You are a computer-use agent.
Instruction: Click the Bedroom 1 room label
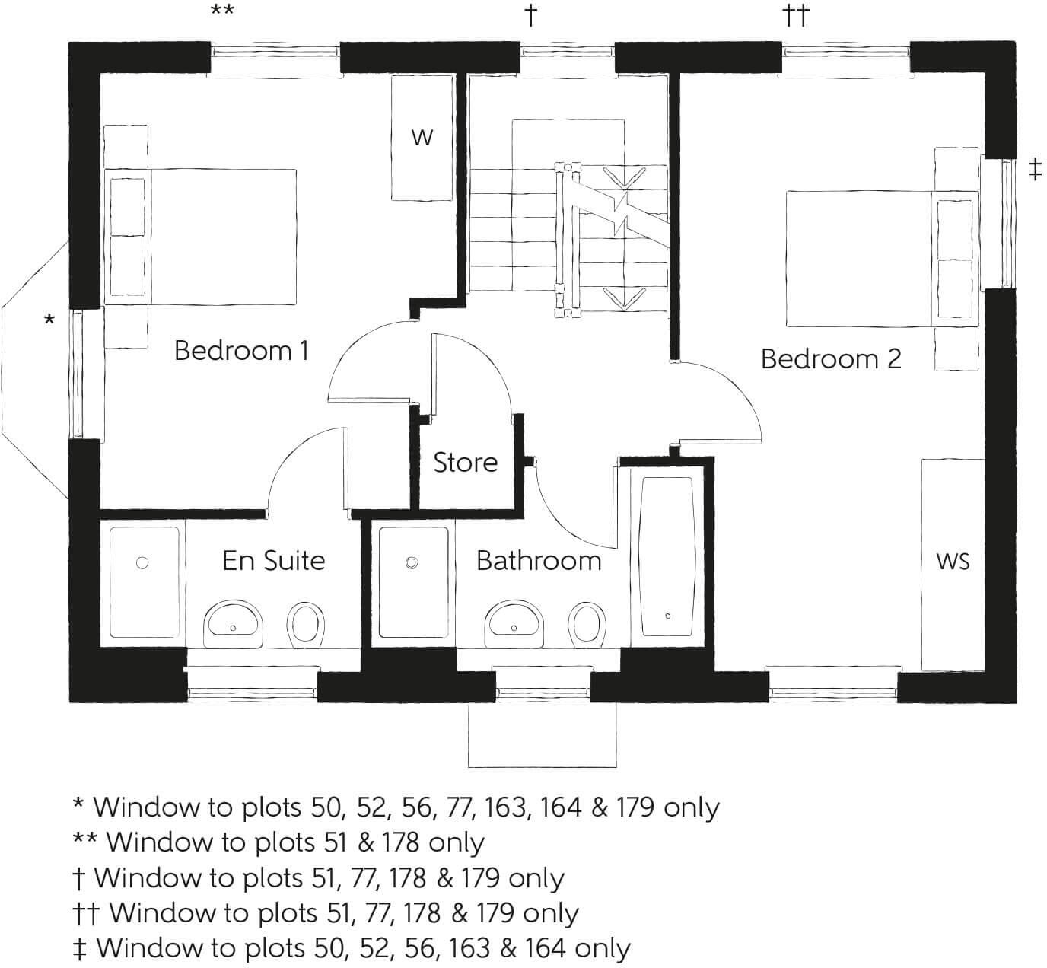click(x=241, y=351)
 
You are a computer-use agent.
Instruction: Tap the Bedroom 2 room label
click(x=831, y=358)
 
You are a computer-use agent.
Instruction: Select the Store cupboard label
click(x=465, y=462)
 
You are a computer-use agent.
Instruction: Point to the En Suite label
click(x=273, y=561)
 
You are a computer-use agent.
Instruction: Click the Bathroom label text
click(x=538, y=561)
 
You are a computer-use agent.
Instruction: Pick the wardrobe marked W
click(x=422, y=138)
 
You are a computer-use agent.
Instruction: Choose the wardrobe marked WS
click(x=953, y=562)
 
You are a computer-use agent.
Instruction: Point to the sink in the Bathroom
click(x=514, y=622)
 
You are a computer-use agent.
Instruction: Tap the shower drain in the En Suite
click(x=142, y=563)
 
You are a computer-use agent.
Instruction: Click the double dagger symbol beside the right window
click(x=1034, y=170)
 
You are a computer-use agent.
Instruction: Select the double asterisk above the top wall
click(x=222, y=12)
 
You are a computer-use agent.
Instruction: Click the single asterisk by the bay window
click(x=49, y=321)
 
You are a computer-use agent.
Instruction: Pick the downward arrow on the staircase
click(x=623, y=298)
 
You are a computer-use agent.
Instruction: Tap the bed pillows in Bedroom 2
click(x=955, y=260)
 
